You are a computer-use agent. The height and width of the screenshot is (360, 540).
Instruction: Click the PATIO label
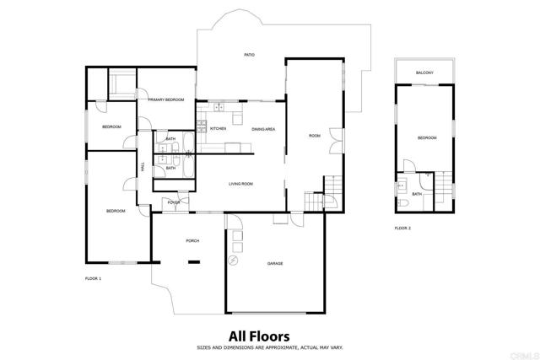click(x=250, y=55)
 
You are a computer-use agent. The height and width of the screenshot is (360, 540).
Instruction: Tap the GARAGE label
click(x=275, y=263)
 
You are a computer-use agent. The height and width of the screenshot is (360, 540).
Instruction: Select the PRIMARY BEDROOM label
click(x=166, y=99)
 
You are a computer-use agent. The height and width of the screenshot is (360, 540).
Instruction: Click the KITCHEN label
click(x=218, y=128)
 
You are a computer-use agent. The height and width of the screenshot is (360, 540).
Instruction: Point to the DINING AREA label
click(x=263, y=129)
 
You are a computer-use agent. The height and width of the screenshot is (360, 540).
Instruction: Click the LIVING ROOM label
click(x=240, y=184)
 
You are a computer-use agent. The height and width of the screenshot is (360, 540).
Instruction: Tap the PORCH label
click(x=192, y=240)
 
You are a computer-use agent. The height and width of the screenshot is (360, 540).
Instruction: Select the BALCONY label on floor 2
click(x=424, y=73)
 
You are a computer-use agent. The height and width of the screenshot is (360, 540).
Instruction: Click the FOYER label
click(x=174, y=202)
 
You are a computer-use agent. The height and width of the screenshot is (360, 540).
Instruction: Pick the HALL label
click(x=143, y=167)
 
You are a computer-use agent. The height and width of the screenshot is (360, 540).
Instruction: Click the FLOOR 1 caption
click(x=93, y=278)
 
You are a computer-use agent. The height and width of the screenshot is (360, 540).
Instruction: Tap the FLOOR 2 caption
click(x=402, y=228)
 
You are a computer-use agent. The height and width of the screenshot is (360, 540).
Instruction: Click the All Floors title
click(x=259, y=336)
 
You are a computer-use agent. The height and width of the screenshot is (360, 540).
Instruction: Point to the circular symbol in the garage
click(x=233, y=261)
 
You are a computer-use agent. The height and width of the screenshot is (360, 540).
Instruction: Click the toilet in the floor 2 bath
click(x=402, y=202)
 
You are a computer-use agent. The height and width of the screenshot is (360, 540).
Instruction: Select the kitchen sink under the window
click(x=219, y=107)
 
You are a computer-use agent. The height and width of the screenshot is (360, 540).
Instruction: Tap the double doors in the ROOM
click(x=336, y=141)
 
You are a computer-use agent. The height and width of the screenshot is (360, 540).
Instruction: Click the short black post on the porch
click(x=194, y=262)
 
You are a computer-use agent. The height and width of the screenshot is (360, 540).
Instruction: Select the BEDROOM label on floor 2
click(x=427, y=137)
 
